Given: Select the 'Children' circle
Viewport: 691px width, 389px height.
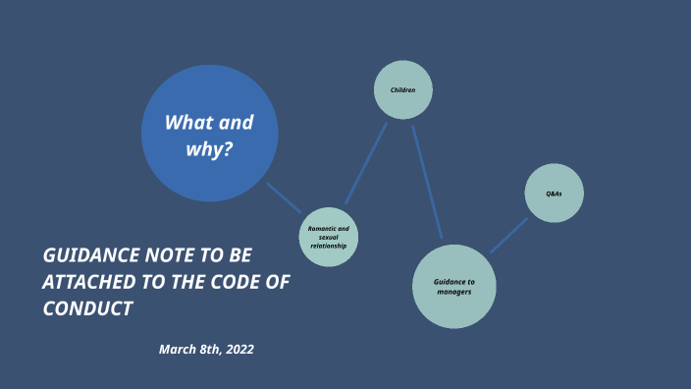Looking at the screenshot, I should [403, 89].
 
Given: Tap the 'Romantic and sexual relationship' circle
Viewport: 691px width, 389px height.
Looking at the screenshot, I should [328, 237].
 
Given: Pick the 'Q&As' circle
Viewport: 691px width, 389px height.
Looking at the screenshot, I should [555, 194].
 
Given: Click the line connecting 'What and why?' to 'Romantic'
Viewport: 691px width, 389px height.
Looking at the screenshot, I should [284, 197].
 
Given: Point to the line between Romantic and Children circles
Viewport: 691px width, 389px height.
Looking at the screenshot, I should [366, 163].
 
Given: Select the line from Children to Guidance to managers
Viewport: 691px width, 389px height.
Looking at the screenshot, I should [427, 182].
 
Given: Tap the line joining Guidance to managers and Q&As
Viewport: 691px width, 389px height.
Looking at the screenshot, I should [508, 236].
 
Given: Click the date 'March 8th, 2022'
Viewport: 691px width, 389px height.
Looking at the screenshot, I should [206, 349].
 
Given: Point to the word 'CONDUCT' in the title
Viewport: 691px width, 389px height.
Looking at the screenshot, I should [87, 308].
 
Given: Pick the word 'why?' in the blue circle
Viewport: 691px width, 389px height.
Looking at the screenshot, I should [209, 150].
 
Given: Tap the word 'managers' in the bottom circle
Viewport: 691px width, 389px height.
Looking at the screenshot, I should [454, 292].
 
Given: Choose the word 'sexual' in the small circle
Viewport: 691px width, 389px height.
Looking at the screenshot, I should [328, 237].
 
